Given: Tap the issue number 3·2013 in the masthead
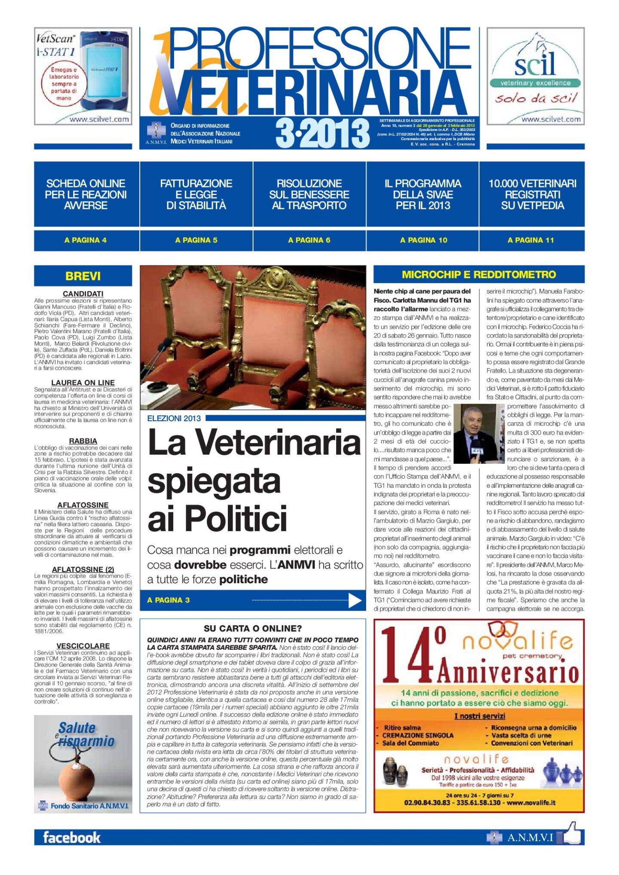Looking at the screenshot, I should click(x=322, y=133).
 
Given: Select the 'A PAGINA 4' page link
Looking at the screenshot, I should click(x=86, y=240).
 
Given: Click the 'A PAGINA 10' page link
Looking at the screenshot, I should click(x=423, y=240).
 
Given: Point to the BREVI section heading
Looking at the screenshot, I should click(x=83, y=276).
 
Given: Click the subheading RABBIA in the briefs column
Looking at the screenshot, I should click(x=83, y=441).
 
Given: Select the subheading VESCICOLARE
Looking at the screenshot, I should click(x=83, y=646).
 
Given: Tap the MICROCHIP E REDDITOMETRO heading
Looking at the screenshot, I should click(x=479, y=275).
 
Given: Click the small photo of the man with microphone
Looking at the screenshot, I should click(x=478, y=433).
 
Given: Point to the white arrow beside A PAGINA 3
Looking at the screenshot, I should click(x=355, y=600).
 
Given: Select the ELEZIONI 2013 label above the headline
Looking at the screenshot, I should click(x=174, y=418).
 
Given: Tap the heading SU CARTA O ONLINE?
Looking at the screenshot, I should click(x=253, y=628).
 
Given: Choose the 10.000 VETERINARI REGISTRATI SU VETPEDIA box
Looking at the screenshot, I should click(x=532, y=194).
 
